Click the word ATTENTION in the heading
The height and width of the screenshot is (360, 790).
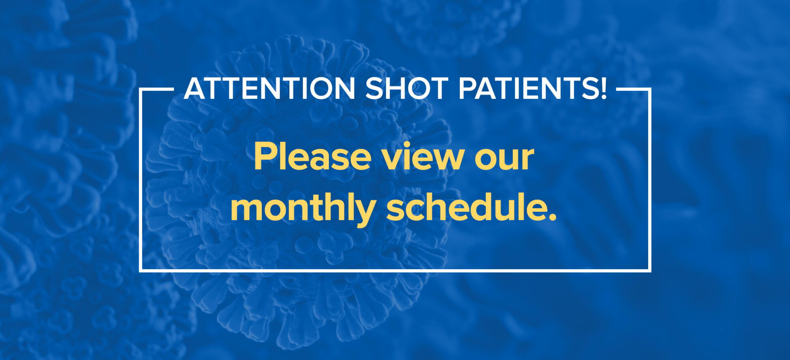pyautogui.click(x=269, y=89)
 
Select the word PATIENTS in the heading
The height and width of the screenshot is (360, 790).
pyautogui.click(x=528, y=89)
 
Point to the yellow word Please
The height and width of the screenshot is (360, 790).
pyautogui.click(x=312, y=157)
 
